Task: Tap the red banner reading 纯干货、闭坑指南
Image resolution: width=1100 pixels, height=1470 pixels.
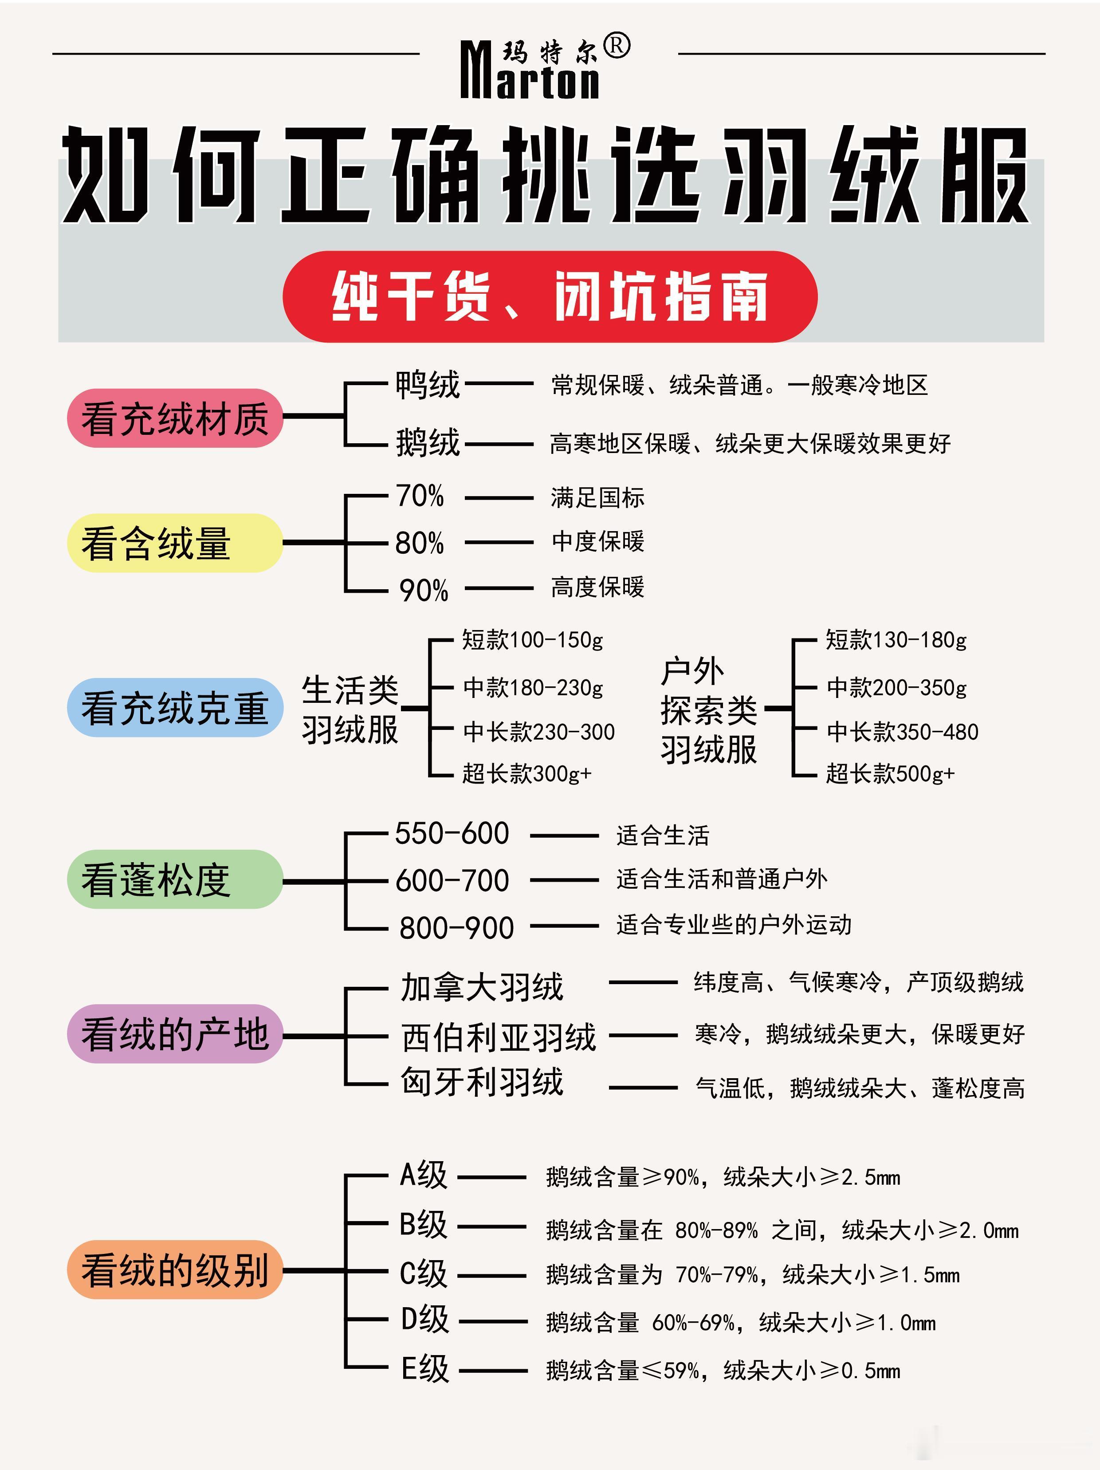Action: click(x=550, y=296)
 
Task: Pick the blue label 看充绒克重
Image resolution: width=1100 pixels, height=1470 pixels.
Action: click(x=175, y=707)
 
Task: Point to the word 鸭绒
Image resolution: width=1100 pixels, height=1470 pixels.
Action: click(x=428, y=385)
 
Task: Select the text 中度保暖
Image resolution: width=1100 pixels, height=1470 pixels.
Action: click(x=598, y=542)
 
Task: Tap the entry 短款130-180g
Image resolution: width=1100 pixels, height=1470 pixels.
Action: click(x=896, y=640)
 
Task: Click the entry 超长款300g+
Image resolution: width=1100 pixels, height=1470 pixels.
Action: click(x=527, y=773)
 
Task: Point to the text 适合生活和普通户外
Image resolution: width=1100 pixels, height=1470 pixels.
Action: click(x=721, y=879)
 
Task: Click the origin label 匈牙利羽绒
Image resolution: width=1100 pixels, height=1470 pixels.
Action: click(x=482, y=1082)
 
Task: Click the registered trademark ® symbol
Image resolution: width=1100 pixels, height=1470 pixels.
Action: click(x=617, y=47)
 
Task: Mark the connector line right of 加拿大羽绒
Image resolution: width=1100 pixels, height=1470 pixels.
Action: click(x=642, y=982)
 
